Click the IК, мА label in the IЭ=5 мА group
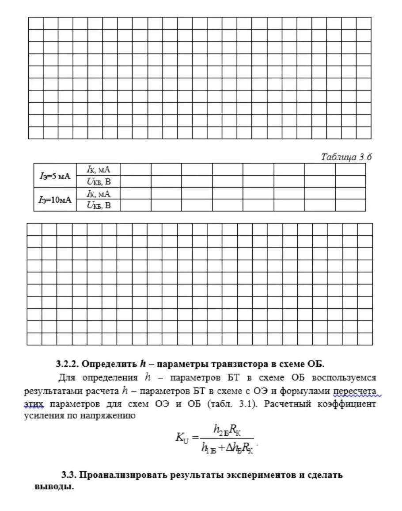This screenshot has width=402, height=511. (x=98, y=169)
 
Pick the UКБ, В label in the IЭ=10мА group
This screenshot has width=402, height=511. (x=98, y=205)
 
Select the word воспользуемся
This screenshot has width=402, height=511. (x=344, y=378)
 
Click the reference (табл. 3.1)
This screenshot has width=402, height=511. (x=230, y=404)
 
